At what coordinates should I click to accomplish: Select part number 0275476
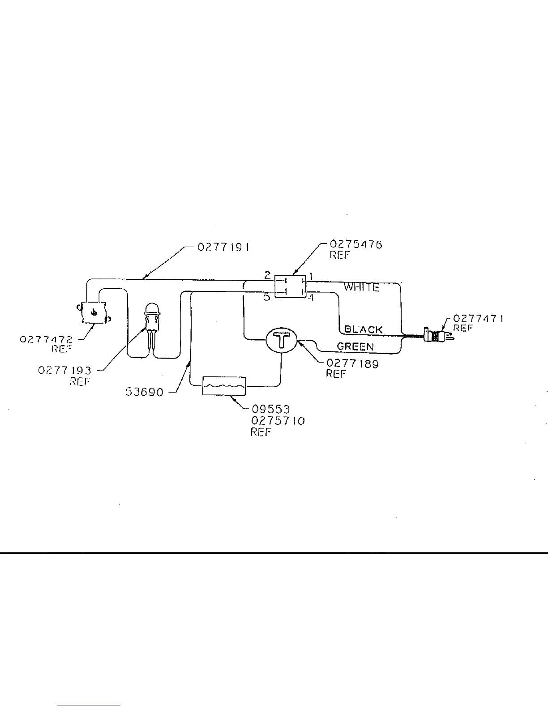(356, 244)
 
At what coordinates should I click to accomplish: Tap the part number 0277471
(478, 319)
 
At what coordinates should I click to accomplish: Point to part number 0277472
(46, 340)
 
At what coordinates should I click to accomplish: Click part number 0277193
(64, 371)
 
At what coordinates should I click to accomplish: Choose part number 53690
(144, 393)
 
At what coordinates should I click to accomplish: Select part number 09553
(270, 409)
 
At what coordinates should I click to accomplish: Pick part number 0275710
(278, 421)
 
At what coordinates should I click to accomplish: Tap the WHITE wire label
(361, 287)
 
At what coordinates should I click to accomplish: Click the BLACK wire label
(364, 330)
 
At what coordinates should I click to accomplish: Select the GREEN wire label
(355, 346)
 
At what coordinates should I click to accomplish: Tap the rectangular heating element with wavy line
(224, 386)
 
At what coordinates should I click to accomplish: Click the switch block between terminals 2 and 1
(290, 286)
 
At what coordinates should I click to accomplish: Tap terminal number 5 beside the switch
(267, 297)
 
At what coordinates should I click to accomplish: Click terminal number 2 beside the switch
(267, 275)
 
